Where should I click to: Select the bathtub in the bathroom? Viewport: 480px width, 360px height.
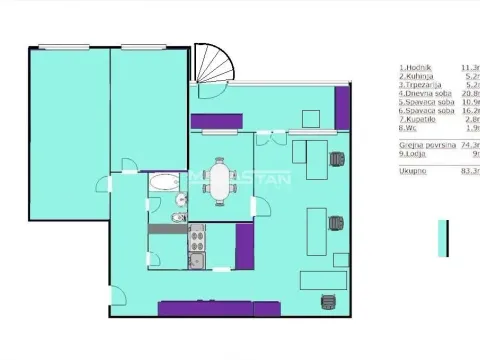click(161, 183)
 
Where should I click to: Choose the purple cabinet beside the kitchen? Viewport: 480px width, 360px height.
click(243, 245)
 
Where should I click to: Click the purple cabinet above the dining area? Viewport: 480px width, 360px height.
click(212, 122)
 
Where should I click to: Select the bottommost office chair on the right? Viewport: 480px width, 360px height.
click(327, 301)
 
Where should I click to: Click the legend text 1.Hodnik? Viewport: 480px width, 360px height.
click(414, 66)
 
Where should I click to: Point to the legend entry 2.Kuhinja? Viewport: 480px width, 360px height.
click(415, 75)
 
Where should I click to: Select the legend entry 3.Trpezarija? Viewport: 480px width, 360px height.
click(419, 84)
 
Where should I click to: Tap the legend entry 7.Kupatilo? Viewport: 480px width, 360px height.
click(417, 119)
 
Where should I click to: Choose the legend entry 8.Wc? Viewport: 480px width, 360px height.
click(408, 128)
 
